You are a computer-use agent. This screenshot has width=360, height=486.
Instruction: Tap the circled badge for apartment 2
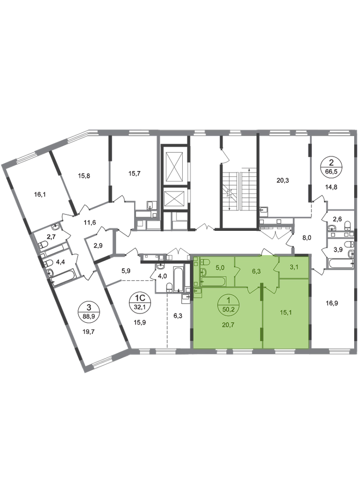tap(331, 166)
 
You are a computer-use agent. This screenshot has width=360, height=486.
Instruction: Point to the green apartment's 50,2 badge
tap(229, 305)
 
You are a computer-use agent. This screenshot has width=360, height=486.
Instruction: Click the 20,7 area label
tap(229, 325)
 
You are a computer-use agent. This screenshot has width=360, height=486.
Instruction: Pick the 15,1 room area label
tap(286, 312)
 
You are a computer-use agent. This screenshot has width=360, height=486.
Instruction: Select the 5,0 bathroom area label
tap(220, 267)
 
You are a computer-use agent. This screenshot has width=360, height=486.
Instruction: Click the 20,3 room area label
tap(283, 180)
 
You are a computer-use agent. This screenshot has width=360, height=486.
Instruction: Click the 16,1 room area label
tap(40, 195)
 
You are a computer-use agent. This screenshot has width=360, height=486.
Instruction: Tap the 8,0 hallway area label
tap(307, 238)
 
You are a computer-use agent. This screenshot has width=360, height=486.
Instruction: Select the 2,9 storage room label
tap(98, 246)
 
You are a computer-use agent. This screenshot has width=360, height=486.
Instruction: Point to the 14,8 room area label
tap(331, 187)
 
